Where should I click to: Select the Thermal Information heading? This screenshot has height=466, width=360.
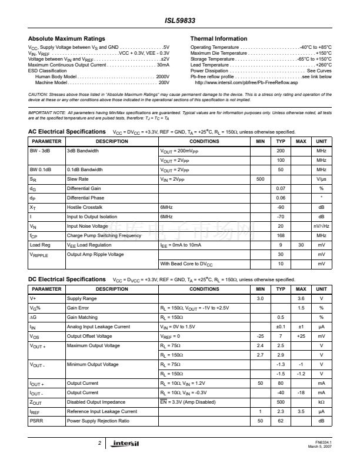(x=219, y=39)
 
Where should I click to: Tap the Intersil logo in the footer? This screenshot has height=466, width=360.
(x=126, y=442)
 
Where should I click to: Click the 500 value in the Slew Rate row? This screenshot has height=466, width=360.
(x=261, y=178)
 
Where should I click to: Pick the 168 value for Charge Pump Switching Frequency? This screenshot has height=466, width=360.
(x=281, y=235)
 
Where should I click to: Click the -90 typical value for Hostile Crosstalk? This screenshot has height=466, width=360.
(x=281, y=207)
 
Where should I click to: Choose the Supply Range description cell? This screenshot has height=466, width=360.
(x=82, y=299)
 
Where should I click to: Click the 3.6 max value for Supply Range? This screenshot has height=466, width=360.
(x=301, y=299)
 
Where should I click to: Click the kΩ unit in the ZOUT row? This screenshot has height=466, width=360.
(x=321, y=402)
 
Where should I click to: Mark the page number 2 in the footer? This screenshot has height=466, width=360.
(x=99, y=442)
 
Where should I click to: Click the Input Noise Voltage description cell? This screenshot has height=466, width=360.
(x=87, y=226)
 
